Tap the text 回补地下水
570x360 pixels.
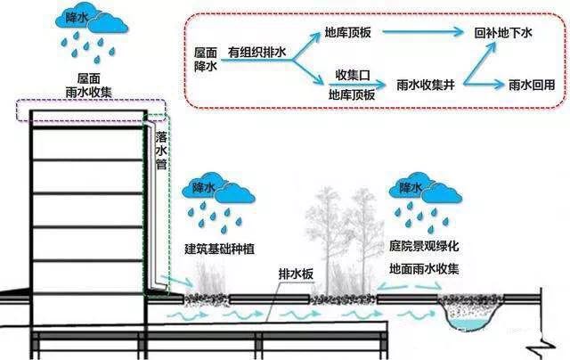pos(504,32)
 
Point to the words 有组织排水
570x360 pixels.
pos(259,53)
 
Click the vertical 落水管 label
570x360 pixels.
pos(161,151)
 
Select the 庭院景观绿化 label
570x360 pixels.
pos(425,245)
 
